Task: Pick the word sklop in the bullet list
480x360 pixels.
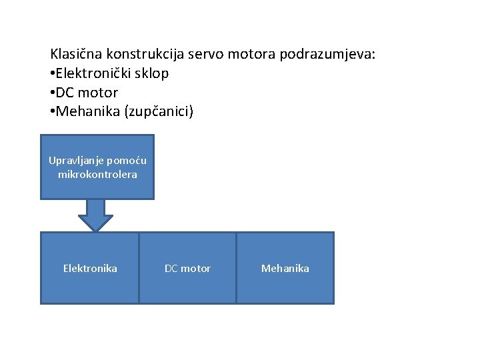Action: click(x=153, y=73)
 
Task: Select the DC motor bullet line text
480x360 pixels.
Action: click(x=87, y=92)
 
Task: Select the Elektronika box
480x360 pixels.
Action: click(x=90, y=268)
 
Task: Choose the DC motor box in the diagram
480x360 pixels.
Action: click(x=187, y=268)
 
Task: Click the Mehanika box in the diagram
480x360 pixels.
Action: click(x=285, y=268)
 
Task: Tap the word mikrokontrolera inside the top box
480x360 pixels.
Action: click(x=97, y=174)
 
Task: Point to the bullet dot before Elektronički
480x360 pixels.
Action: click(x=52, y=73)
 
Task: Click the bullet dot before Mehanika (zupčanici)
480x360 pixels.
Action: click(x=52, y=111)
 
